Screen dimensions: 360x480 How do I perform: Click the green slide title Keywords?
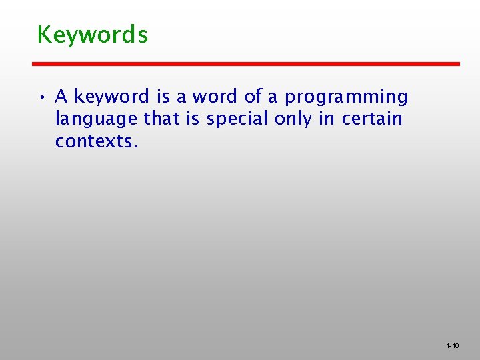tap(92, 34)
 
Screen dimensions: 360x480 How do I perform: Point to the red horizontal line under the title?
tap(246, 63)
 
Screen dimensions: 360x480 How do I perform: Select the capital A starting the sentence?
tap(61, 97)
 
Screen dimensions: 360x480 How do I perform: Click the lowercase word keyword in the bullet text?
tap(112, 97)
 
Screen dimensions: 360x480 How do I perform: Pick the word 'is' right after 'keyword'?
tap(163, 97)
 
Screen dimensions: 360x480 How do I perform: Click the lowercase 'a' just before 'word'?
tap(182, 97)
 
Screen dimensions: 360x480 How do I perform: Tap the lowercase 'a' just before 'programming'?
tap(273, 97)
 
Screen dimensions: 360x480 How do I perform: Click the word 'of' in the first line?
tap(253, 97)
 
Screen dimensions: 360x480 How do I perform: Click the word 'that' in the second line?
tap(161, 119)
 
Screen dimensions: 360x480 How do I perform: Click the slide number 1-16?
tap(452, 346)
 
